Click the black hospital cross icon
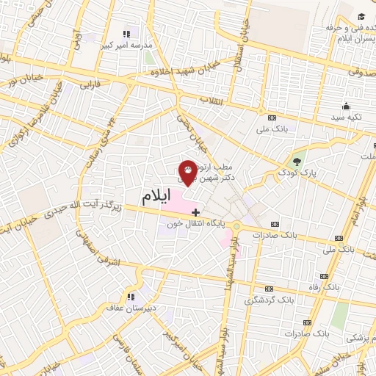pos(195,212)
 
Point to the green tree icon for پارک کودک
pos(297,162)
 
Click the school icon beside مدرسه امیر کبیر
pos(126,33)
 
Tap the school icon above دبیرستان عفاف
pos(131,297)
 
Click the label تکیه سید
pos(347,117)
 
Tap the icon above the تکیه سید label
pos(346,105)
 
